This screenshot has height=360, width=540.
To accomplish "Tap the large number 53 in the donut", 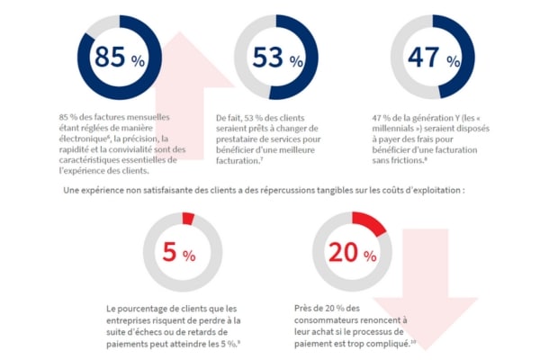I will tap(268, 58).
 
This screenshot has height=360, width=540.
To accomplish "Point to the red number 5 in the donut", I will tap(169, 254).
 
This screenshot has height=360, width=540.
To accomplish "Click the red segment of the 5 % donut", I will tap(188, 218).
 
